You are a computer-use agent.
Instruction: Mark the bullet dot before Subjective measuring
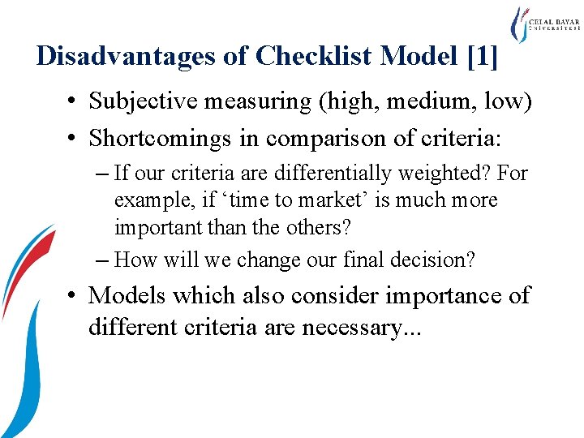[x=74, y=102]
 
